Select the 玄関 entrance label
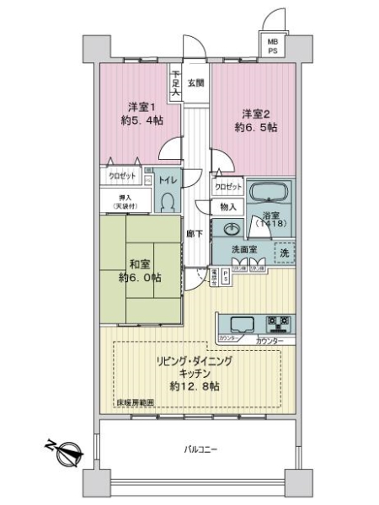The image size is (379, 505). point(195,82)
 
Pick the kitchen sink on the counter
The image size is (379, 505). point(239,323)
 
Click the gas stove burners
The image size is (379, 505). point(278,322)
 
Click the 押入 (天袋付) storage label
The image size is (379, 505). point(125,201)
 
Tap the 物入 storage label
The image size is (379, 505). point(227,205)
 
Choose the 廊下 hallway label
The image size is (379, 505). point(193,233)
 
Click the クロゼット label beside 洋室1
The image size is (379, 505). point(123,175)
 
